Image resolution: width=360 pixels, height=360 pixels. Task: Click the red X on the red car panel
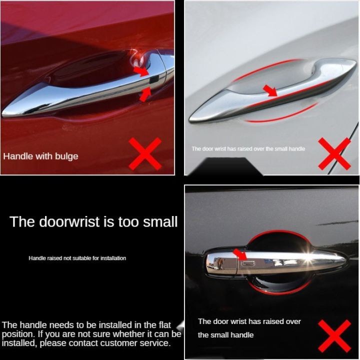pyautogui.click(x=145, y=153)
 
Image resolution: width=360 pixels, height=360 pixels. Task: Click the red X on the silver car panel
pyautogui.click(x=334, y=153)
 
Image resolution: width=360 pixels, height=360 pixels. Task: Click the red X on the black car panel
pyautogui.click(x=334, y=335)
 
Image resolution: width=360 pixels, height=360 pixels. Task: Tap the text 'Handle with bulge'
pyautogui.click(x=41, y=156)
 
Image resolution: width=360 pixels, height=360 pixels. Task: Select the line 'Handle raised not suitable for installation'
pyautogui.click(x=77, y=258)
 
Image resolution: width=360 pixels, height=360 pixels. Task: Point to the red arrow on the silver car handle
pyautogui.click(x=270, y=90)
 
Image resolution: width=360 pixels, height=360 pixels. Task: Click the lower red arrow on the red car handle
pyautogui.click(x=145, y=94)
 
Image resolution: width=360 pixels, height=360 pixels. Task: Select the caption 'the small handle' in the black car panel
pyautogui.click(x=226, y=335)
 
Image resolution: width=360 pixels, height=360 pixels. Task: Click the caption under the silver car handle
pyautogui.click(x=248, y=148)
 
